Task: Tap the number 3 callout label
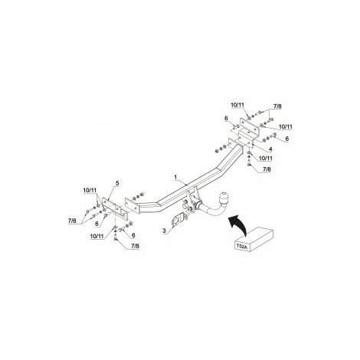pos(162,230)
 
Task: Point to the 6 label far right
pos(286,139)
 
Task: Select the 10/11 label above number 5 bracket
pos(88,190)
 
